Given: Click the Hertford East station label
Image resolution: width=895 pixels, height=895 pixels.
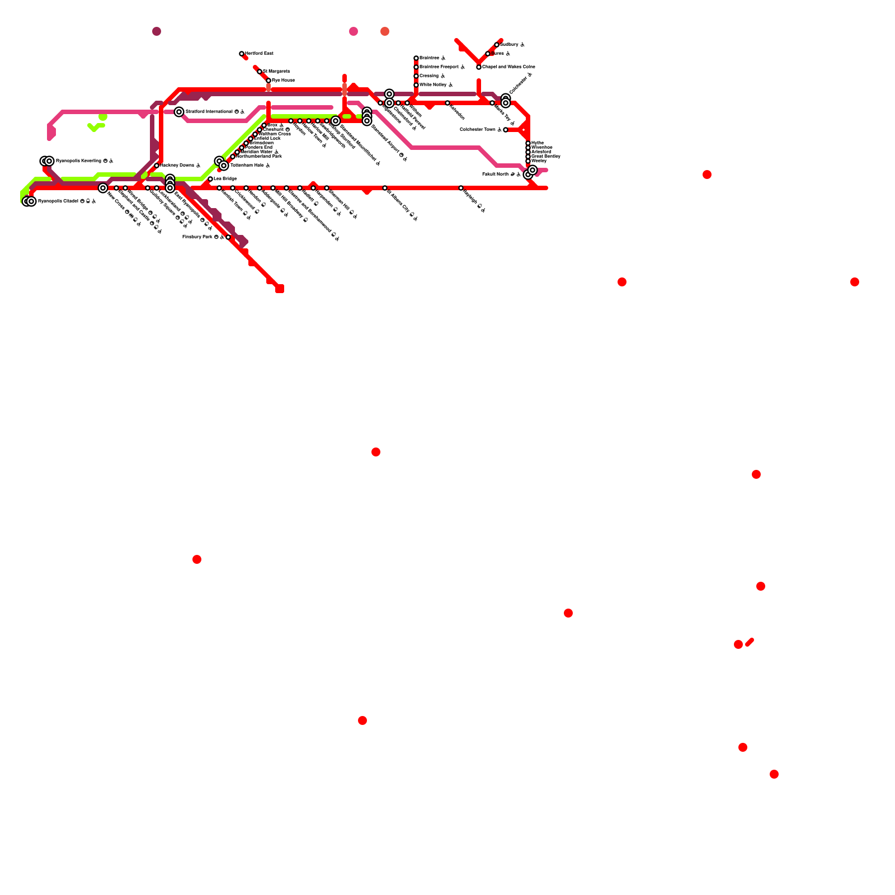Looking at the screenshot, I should (259, 54).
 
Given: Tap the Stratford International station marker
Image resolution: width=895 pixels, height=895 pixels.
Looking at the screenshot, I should (179, 112).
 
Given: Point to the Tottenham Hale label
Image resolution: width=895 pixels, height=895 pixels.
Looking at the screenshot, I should (247, 166).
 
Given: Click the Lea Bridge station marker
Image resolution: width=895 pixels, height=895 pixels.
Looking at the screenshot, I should (210, 179).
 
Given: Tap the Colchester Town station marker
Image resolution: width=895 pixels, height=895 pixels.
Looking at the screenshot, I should (506, 130).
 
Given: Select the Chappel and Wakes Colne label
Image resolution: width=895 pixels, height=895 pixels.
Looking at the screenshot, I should (508, 67).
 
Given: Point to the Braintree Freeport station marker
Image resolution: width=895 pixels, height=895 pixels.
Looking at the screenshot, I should (416, 67).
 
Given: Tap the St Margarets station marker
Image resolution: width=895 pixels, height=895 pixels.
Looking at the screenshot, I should (260, 72).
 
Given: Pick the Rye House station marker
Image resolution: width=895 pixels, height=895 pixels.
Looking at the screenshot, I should (268, 81).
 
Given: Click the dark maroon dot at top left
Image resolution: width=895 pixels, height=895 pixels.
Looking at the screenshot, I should (157, 31).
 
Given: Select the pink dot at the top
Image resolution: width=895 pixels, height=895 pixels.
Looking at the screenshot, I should (354, 31).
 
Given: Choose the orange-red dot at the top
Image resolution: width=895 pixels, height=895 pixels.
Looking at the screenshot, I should (385, 31).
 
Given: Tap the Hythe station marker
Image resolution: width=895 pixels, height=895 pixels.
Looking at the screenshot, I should (528, 143).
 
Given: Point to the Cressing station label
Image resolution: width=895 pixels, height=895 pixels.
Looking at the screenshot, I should (429, 76).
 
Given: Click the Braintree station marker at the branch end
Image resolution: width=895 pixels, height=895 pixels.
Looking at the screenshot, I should (416, 58).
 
